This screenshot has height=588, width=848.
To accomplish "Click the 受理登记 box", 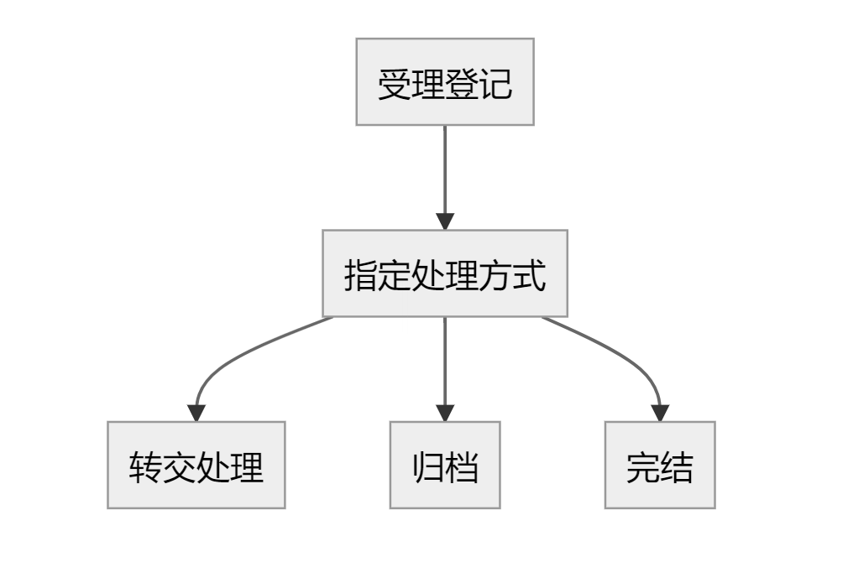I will tap(445, 82).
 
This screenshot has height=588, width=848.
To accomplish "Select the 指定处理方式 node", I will tap(445, 273).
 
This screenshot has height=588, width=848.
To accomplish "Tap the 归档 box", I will tap(445, 465).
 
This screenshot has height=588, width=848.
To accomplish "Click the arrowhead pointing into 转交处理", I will tap(196, 413).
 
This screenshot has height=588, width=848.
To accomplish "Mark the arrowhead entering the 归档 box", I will tap(445, 413).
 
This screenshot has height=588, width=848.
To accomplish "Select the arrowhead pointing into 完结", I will tap(660, 413).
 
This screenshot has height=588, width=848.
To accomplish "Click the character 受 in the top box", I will tap(394, 85).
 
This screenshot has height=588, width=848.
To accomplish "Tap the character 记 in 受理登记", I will tap(495, 85).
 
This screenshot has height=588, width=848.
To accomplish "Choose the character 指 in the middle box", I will tap(360, 276).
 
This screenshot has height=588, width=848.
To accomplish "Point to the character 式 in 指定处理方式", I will tap(530, 276).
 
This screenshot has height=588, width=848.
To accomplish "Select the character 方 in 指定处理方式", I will tap(495, 276).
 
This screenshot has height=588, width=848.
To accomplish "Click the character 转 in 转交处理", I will tap(145, 467).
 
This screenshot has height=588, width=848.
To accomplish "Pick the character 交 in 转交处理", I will tap(180, 467).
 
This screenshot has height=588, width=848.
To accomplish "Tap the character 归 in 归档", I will tap(427, 467).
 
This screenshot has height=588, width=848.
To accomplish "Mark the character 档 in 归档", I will tap(462, 467).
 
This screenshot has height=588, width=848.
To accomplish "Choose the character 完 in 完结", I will tap(642, 467).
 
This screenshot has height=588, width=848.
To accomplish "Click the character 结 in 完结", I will tap(677, 467).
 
